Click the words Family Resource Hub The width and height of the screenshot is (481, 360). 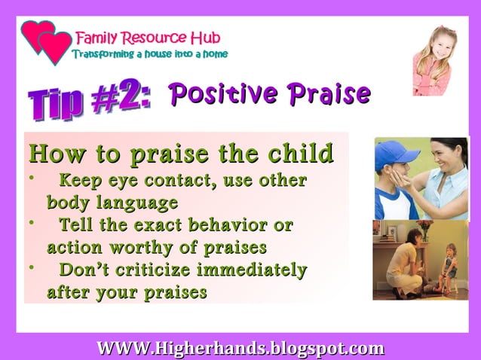[148, 37]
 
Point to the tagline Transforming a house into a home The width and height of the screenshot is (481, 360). [149, 54]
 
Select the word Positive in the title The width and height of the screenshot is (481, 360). [223, 94]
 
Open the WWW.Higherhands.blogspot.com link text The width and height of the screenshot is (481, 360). [240, 348]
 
